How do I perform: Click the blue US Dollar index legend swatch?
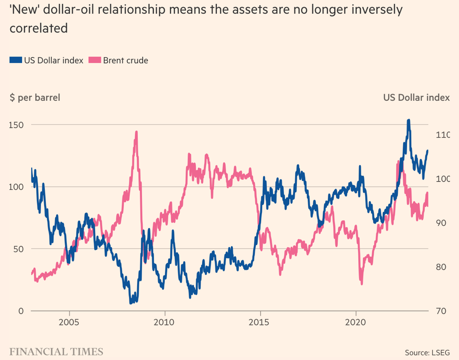pos(16,60)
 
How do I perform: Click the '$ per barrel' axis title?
pos(34,98)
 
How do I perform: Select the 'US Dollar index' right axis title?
pos(416,98)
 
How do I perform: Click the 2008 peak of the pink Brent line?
pos(136,132)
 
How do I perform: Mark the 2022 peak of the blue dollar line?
pos(409,121)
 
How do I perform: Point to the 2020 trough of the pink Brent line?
pos(361,283)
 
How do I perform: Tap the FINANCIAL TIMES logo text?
pos(56,352)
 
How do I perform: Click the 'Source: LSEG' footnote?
pos(427,352)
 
